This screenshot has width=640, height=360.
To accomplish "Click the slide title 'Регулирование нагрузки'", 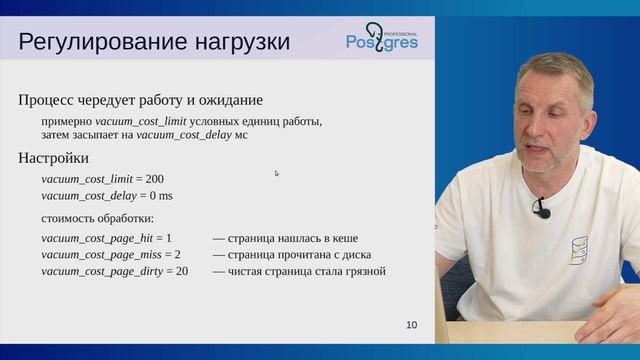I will tap(155, 42).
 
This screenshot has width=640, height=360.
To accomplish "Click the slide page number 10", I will tap(412, 325).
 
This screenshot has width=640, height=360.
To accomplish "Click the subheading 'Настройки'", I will tap(54, 158).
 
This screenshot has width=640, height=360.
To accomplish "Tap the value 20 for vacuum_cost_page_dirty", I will tap(182, 271).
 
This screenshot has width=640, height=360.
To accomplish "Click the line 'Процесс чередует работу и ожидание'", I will tap(141, 100).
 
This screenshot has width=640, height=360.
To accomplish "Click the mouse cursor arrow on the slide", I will tap(277, 173).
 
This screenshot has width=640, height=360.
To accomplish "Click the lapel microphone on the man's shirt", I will tap(541, 209).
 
